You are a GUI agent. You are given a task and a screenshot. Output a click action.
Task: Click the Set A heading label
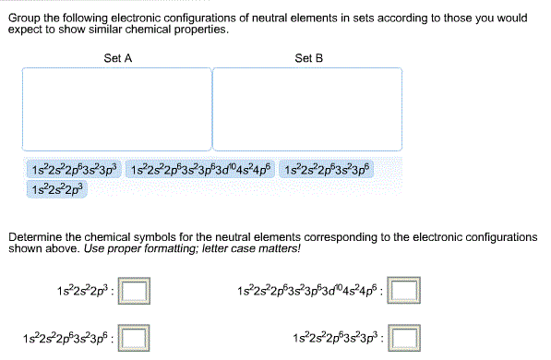(117, 58)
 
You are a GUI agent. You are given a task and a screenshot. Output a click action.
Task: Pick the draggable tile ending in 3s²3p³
(75, 171)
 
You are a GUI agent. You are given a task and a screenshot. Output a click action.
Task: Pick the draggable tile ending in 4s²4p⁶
(201, 171)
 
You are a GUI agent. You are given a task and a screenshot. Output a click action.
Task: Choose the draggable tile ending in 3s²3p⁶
(329, 171)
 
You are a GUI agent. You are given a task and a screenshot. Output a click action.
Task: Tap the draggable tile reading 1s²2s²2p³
(57, 190)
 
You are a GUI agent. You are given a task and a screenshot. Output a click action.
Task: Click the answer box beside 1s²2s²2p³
(136, 294)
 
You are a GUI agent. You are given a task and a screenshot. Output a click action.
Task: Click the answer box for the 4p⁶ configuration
(402, 294)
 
